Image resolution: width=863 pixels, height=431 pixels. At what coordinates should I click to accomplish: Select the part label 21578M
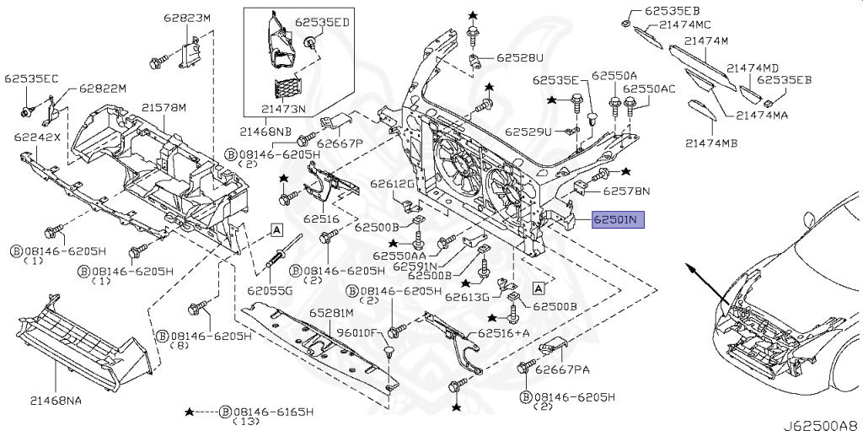(x=163, y=107)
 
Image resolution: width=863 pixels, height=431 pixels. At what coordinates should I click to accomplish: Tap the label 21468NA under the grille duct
(x=56, y=401)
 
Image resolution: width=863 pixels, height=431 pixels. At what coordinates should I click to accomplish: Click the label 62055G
(x=270, y=290)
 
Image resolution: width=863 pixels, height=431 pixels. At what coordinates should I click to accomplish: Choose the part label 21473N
(x=283, y=109)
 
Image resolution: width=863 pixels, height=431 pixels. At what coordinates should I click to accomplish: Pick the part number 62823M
(x=187, y=18)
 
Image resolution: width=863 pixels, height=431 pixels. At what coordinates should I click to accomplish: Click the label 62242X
(x=37, y=137)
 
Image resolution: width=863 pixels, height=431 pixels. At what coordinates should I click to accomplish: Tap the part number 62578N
(x=626, y=191)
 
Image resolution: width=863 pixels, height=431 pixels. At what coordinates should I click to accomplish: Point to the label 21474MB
(x=711, y=143)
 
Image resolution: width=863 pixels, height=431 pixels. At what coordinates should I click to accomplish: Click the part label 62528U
(x=519, y=57)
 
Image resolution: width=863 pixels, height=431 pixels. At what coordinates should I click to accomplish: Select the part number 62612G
(x=392, y=184)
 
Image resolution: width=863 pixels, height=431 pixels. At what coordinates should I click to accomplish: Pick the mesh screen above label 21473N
(x=287, y=89)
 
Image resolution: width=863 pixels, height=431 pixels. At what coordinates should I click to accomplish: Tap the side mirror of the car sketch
(x=809, y=219)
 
